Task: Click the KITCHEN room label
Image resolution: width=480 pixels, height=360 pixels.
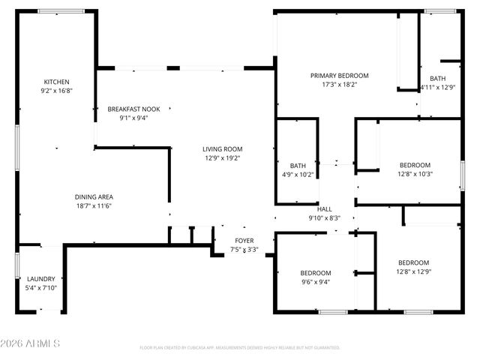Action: click(x=56, y=82)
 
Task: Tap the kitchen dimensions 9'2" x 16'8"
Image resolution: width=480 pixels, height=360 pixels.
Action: click(x=56, y=90)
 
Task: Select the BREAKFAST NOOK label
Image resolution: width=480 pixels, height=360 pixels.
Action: click(x=133, y=109)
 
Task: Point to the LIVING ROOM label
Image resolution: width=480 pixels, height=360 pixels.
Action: click(x=222, y=149)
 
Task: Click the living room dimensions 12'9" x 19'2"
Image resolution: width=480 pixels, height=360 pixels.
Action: click(x=222, y=158)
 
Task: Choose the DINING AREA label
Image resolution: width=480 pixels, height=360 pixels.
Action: click(x=93, y=197)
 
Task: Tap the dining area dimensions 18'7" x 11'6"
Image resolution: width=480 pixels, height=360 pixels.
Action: click(x=93, y=206)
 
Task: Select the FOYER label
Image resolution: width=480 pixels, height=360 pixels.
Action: click(x=244, y=241)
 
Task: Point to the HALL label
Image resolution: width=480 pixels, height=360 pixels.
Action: click(x=324, y=209)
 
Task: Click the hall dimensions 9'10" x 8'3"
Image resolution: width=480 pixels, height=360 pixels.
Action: click(x=324, y=218)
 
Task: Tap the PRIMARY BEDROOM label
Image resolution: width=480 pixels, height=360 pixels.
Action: click(x=340, y=76)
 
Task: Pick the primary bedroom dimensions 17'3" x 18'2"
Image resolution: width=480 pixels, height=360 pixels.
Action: click(x=340, y=85)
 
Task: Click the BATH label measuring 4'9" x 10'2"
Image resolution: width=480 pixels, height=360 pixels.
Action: click(x=298, y=166)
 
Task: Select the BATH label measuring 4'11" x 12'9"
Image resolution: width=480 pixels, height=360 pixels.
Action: click(x=437, y=79)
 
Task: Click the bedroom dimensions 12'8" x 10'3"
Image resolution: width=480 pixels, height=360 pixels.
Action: click(x=415, y=174)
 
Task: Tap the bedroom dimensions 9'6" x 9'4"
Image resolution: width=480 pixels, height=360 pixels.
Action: click(x=316, y=282)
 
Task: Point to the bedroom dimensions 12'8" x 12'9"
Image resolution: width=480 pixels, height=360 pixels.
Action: click(x=413, y=271)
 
